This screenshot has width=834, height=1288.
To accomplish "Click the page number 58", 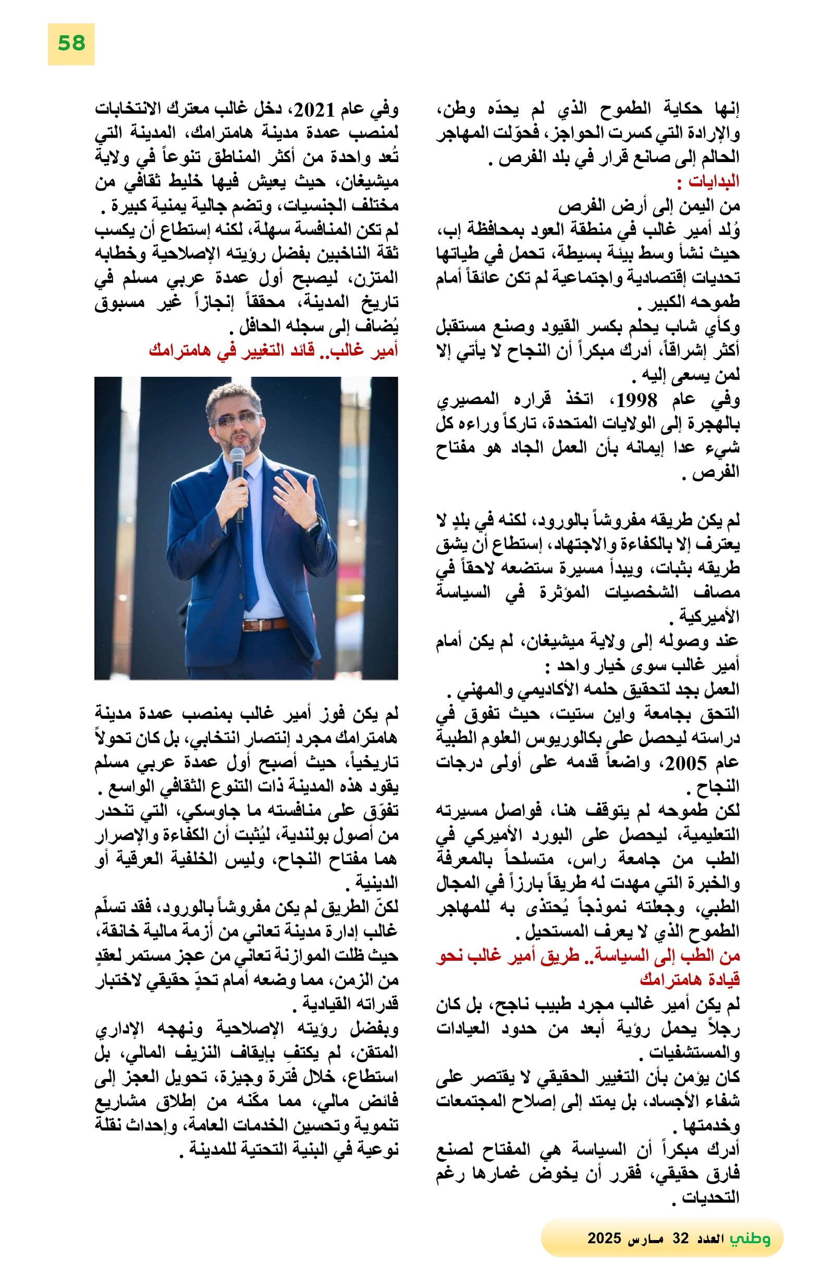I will pos(71,43).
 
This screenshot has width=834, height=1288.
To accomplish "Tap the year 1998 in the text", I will pos(636,401).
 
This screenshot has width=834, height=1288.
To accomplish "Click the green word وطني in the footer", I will pos(750,1238).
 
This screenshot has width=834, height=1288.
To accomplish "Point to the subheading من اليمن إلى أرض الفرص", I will pos(649,206).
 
